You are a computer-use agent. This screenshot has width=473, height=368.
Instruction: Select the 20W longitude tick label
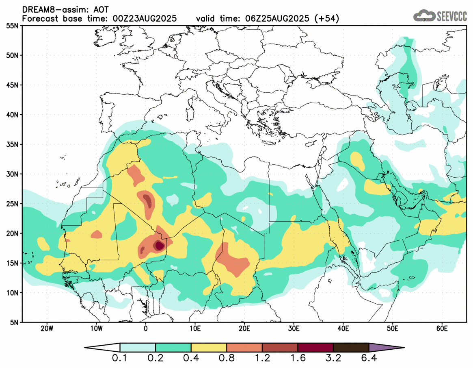coord(47,328)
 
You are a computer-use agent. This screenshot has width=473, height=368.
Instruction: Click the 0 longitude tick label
coord(146,328)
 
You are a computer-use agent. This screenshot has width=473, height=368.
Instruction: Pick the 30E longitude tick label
coord(294,328)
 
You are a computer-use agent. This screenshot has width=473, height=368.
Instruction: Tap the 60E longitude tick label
coord(441,328)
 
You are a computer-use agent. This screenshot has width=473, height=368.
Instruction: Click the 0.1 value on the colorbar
coord(120,358)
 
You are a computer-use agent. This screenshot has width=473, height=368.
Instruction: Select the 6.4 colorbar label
coord(369,358)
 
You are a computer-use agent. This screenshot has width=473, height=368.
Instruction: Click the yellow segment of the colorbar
coord(209,348)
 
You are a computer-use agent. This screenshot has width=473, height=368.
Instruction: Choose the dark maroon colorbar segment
coord(315,348)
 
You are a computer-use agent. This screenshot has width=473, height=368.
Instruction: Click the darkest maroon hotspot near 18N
coord(159,245)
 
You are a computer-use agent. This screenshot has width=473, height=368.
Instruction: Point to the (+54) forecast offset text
coord(327,18)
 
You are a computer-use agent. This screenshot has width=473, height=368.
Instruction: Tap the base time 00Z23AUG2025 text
coord(143,18)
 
